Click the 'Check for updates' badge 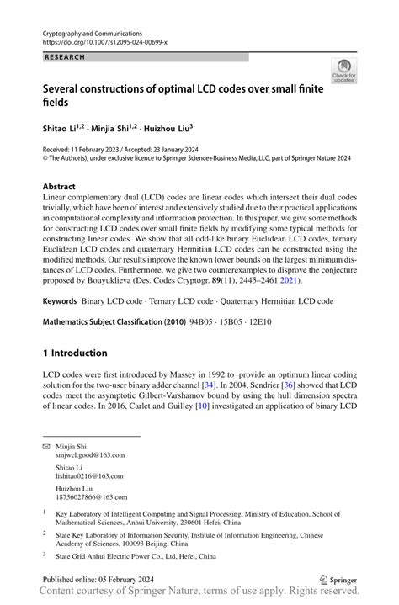[343, 72]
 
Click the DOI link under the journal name [104, 40]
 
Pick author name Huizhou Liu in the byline [167, 128]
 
